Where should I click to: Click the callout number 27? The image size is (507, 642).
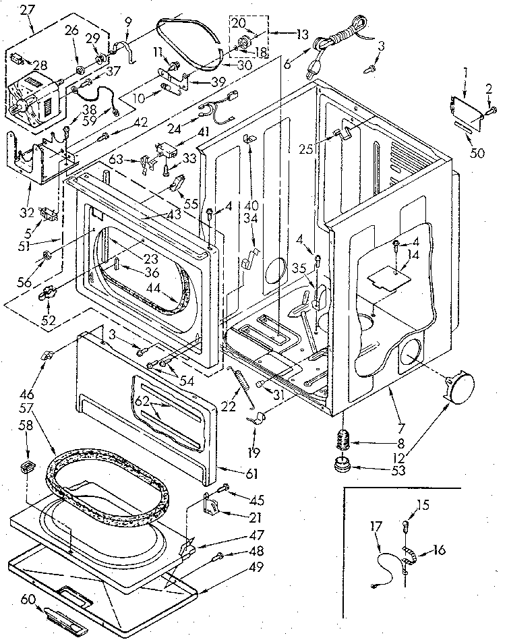[x=26, y=9]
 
